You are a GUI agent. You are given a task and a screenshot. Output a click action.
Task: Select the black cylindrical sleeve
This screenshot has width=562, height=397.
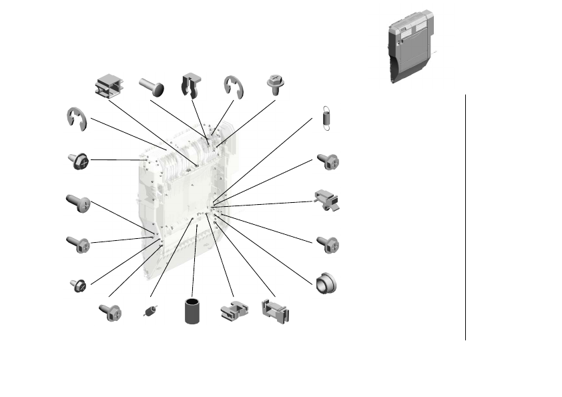click(194, 311)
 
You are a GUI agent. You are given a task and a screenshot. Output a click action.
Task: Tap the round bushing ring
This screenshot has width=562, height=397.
click(326, 283)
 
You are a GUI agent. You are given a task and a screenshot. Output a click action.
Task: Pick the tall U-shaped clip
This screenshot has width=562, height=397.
click(192, 86)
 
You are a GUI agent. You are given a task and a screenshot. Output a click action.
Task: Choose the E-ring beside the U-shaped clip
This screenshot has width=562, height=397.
click(234, 87)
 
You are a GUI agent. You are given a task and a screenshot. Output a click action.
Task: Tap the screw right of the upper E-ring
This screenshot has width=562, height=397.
click(275, 85)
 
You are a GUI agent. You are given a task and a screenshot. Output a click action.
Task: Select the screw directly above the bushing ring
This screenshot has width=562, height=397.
click(328, 244)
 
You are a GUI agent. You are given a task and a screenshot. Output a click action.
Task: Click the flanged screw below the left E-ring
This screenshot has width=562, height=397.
click(78, 161)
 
